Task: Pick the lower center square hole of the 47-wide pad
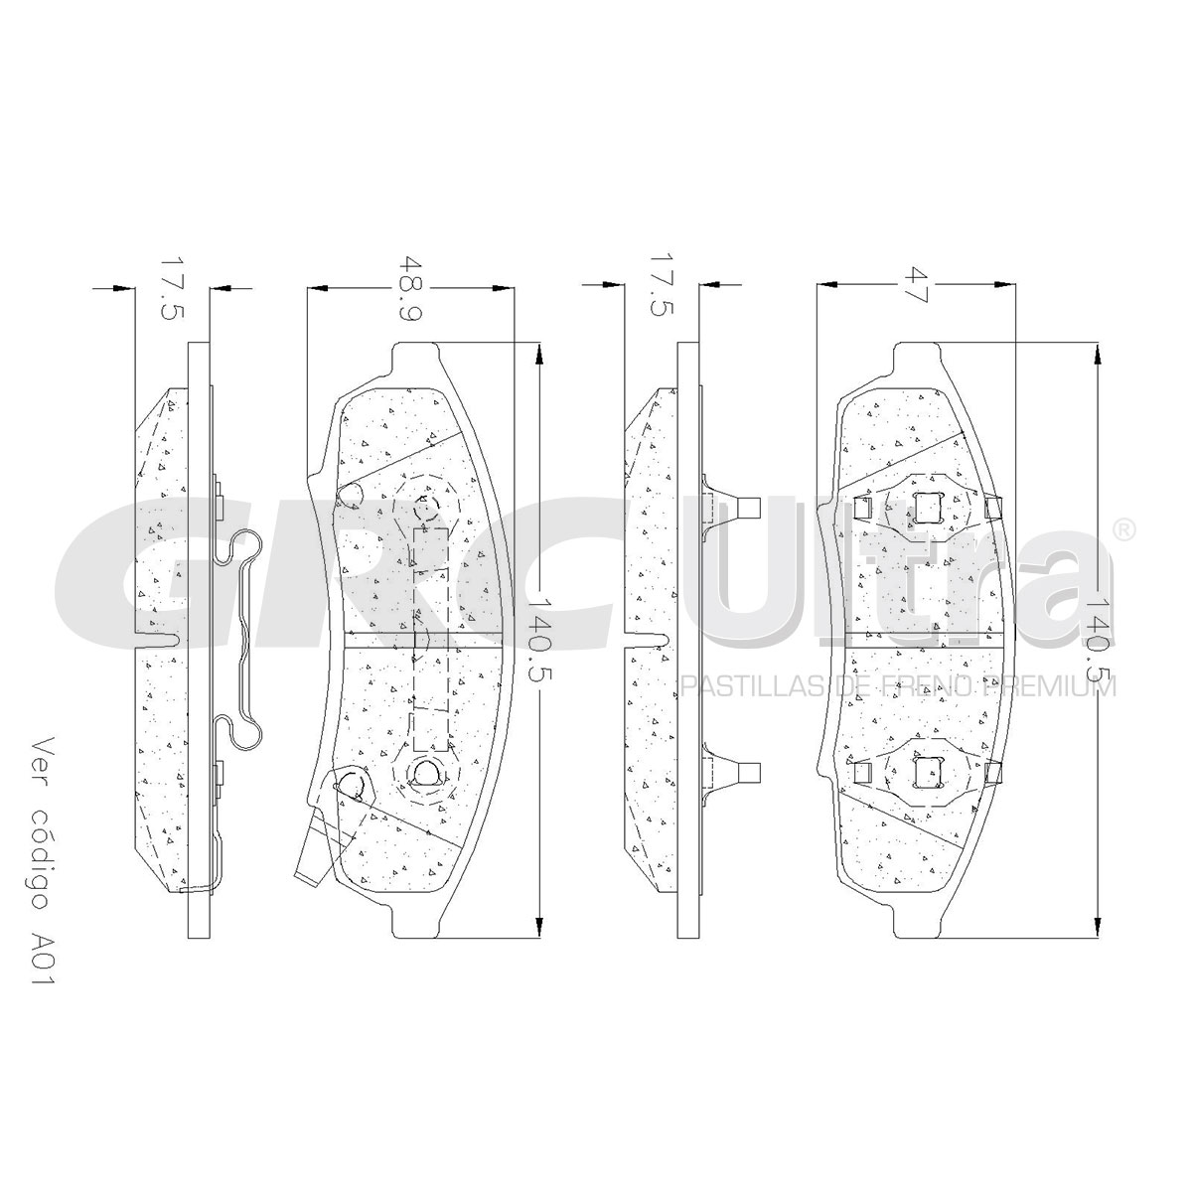pos(926,773)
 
